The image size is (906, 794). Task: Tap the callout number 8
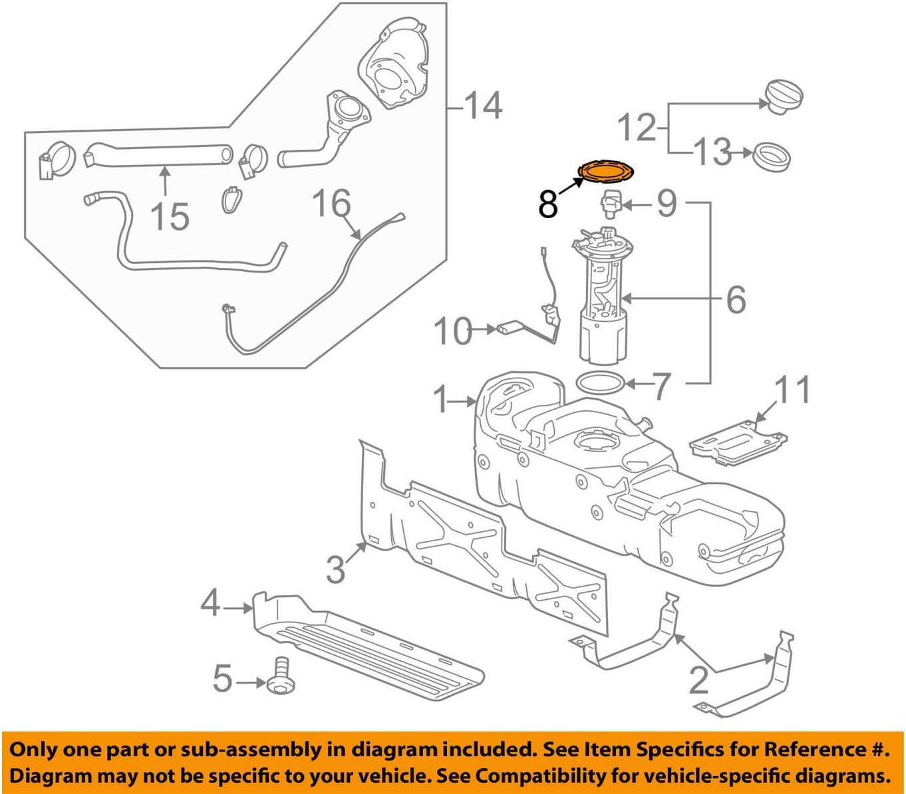(x=547, y=204)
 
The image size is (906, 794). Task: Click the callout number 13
(x=712, y=152)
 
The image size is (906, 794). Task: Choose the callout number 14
(x=483, y=106)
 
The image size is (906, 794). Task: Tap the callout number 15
(x=170, y=217)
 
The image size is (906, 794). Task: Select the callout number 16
(x=331, y=202)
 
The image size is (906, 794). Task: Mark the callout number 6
(x=736, y=300)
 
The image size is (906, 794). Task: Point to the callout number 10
(x=453, y=331)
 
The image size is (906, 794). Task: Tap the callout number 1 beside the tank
(x=441, y=400)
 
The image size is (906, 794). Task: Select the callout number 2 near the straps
(x=698, y=680)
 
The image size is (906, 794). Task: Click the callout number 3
(x=336, y=569)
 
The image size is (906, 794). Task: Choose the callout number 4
(x=210, y=604)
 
